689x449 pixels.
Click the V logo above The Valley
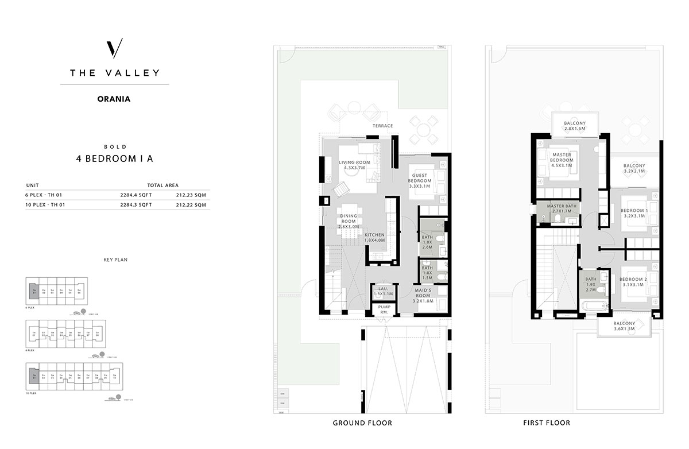(x=114, y=49)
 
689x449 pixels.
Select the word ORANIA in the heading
(x=114, y=99)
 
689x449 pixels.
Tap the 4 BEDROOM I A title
(x=114, y=160)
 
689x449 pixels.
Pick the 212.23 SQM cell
(x=192, y=195)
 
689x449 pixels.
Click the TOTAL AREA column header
(x=163, y=185)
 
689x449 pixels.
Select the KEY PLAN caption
(x=115, y=260)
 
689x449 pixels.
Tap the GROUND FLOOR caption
(x=362, y=423)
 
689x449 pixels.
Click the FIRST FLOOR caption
(x=546, y=423)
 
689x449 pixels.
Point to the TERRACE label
(x=382, y=126)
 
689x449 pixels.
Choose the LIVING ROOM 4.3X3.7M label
(x=354, y=165)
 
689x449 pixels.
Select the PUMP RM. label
(x=384, y=309)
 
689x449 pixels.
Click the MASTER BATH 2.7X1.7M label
(x=563, y=209)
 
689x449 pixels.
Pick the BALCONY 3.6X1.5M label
(x=625, y=327)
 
